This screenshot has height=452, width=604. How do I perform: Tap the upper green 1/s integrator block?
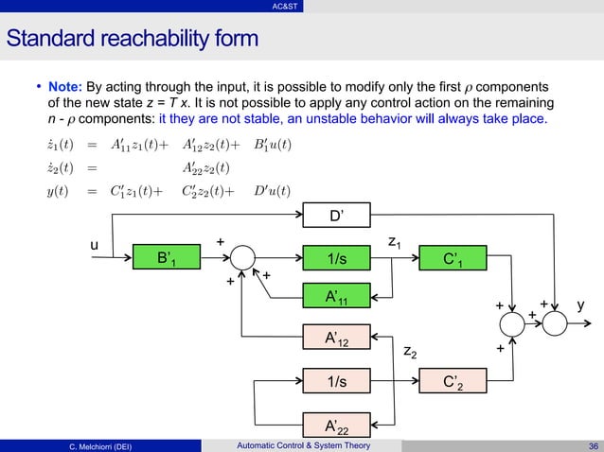pos(335,257)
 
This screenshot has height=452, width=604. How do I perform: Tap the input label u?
pos(94,246)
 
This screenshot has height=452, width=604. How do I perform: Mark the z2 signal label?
pos(409,352)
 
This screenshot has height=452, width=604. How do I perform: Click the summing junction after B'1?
pos(244,257)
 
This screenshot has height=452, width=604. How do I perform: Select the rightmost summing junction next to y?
pos(553,323)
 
